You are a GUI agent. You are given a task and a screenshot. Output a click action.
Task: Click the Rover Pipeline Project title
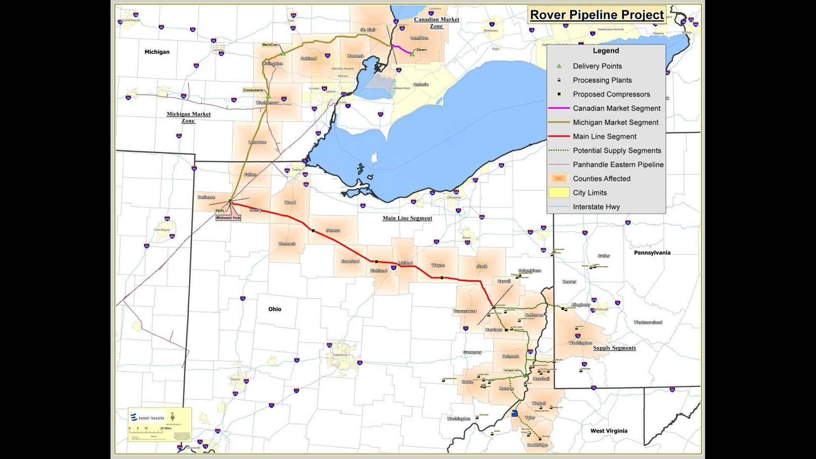[x=597, y=15]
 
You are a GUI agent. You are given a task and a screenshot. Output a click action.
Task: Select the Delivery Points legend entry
[x=597, y=66]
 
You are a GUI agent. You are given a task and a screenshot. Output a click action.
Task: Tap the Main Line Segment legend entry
[x=604, y=136]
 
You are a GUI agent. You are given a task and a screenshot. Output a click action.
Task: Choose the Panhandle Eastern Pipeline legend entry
[x=618, y=164]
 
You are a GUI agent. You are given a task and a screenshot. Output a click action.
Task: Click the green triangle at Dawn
[x=412, y=54]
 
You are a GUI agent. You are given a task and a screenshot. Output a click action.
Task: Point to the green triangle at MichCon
[x=283, y=53]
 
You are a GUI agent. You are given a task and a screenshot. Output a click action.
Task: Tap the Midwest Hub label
[x=228, y=218]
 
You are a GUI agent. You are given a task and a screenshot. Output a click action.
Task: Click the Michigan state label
[x=157, y=52]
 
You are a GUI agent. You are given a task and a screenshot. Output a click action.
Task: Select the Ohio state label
[x=275, y=309]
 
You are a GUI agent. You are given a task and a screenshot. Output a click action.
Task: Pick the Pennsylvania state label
[x=652, y=252]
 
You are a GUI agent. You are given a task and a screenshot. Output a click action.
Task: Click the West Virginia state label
[x=609, y=431]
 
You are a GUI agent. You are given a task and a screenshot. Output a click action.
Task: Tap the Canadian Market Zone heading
[x=436, y=23]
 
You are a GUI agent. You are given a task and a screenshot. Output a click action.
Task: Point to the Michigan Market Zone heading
[x=188, y=117]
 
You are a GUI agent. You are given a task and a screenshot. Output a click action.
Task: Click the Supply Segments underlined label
[x=614, y=348]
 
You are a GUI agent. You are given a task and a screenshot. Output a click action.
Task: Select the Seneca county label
[x=333, y=230]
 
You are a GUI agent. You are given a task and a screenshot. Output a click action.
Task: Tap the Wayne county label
[x=438, y=265]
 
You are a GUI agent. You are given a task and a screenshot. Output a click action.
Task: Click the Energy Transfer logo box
[x=160, y=424]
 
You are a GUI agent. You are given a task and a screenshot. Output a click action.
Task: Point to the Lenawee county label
[x=257, y=142]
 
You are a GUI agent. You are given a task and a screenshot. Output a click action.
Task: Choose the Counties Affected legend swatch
[x=558, y=178]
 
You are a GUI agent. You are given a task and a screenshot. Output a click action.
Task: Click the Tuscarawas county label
[x=465, y=311]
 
